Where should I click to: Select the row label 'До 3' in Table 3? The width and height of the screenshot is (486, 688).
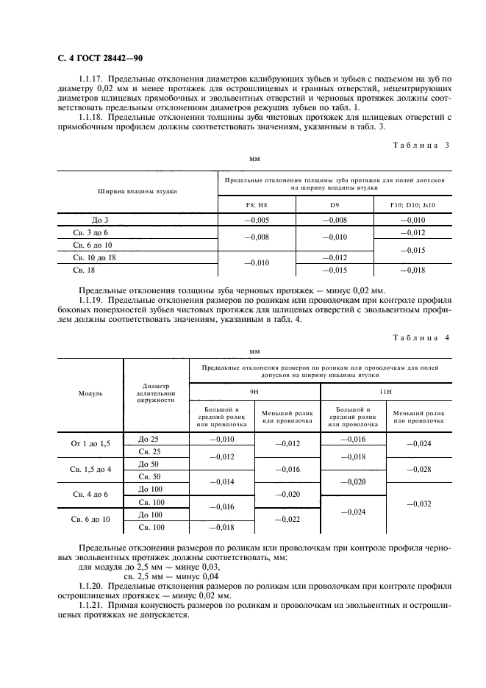click(100, 220)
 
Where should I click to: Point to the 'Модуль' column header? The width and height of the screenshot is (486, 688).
click(90, 393)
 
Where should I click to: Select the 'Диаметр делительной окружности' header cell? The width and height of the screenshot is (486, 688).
click(157, 393)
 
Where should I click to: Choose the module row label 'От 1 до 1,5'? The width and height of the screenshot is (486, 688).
click(90, 445)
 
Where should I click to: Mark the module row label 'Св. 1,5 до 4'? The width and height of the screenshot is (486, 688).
click(90, 470)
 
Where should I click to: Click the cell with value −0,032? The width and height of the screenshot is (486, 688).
click(418, 504)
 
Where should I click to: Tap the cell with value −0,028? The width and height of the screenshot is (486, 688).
click(418, 470)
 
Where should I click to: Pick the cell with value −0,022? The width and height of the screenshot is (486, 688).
click(287, 520)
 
